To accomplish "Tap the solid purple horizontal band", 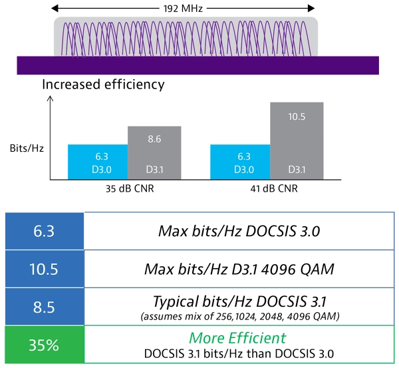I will [x=198, y=65].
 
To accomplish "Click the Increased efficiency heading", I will [x=103, y=85].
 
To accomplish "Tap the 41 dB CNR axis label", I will [x=268, y=188].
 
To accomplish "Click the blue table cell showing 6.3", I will [x=44, y=231].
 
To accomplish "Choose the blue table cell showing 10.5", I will [x=44, y=269].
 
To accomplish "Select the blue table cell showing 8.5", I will [x=44, y=307].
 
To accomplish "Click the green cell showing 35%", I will [x=44, y=345].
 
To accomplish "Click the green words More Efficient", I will [x=238, y=338].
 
